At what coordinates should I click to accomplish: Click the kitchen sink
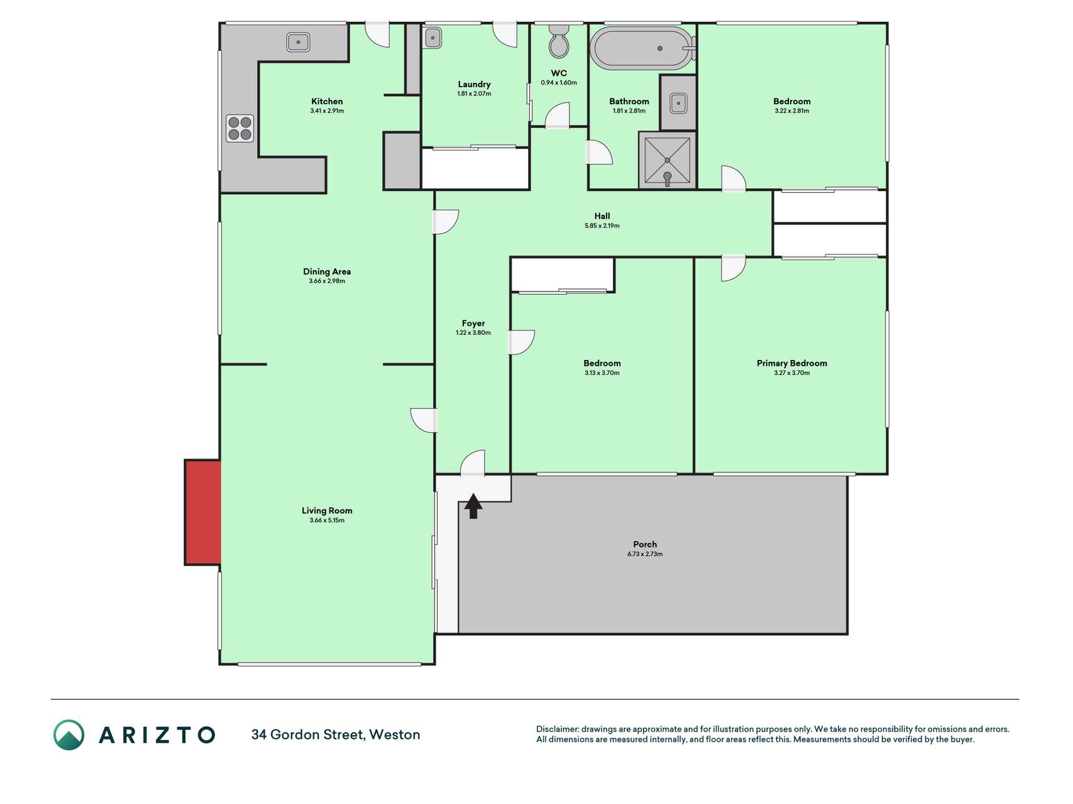point(299,42)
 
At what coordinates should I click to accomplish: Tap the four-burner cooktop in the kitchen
point(240,128)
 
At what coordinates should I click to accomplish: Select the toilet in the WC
point(559,41)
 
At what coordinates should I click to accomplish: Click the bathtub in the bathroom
point(642,48)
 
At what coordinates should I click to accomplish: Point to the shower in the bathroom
point(667,160)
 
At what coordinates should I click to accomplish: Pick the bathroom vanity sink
point(678,102)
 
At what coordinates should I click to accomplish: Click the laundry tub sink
point(432,38)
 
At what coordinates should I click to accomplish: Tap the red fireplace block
point(202,513)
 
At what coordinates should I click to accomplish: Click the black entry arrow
point(473,506)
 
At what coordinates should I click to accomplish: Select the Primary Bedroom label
point(792,363)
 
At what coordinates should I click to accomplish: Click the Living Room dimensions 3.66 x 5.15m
point(327,520)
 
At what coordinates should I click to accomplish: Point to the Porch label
point(645,544)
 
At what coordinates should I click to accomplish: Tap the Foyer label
point(473,323)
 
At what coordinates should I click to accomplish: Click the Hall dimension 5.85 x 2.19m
point(602,225)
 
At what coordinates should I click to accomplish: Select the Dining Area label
point(327,271)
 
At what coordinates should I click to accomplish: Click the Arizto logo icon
point(69,735)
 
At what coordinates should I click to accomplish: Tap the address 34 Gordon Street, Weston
point(336,734)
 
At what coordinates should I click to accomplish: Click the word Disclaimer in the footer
point(558,729)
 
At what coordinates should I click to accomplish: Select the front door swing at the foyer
point(473,463)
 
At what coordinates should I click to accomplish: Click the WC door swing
point(557,116)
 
